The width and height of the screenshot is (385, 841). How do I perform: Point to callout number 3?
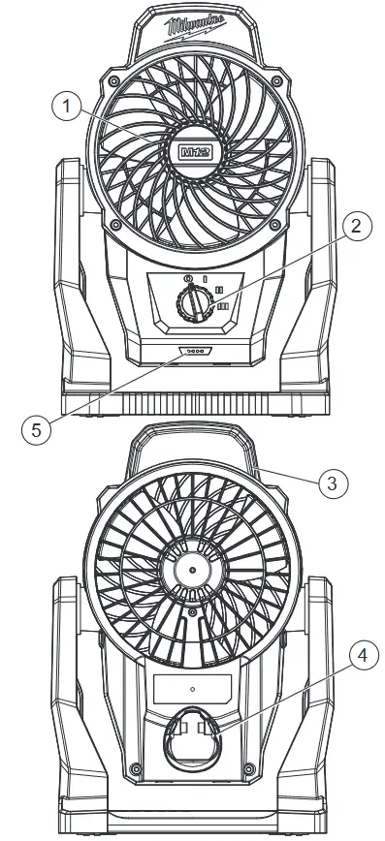332,481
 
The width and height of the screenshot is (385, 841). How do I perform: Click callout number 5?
35,429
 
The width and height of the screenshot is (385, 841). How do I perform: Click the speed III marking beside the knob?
223,305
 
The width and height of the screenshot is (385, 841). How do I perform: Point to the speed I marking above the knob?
205,278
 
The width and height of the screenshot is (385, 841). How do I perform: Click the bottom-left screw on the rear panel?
137,769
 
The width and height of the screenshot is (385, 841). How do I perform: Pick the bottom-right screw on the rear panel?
249,769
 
